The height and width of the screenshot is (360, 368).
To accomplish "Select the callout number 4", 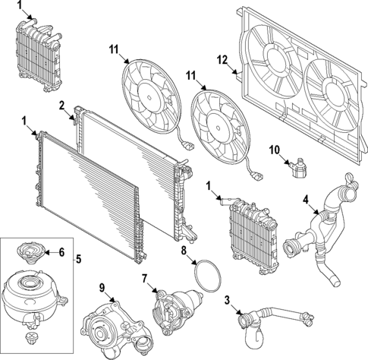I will [306, 201].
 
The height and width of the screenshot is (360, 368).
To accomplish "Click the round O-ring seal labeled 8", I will [206, 276].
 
